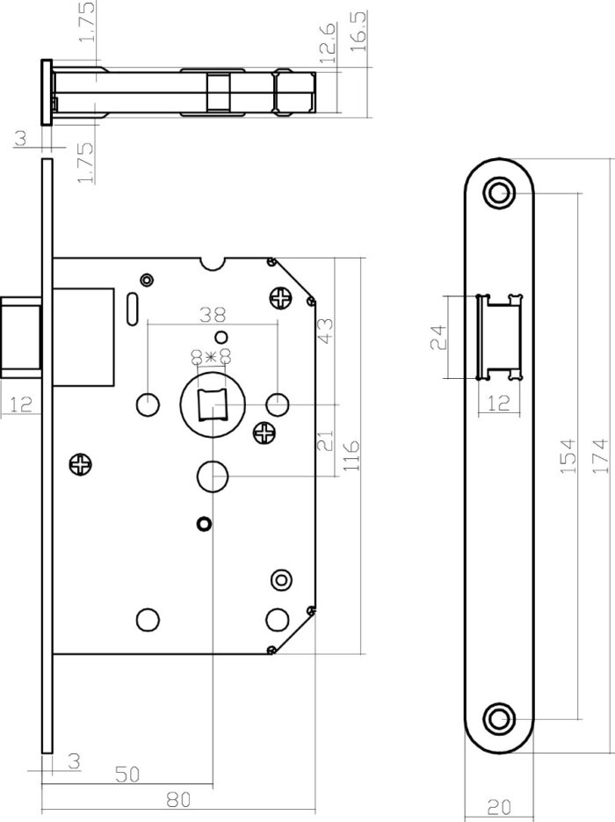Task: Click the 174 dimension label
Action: tap(601, 456)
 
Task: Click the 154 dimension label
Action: tap(569, 456)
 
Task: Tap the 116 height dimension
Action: tap(351, 455)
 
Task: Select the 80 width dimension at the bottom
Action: tap(178, 800)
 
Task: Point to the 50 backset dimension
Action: tap(127, 775)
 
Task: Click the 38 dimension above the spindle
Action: tap(213, 315)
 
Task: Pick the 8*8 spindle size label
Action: tap(212, 358)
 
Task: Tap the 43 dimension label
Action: tap(325, 331)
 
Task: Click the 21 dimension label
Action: tap(325, 440)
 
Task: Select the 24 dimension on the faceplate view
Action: tap(438, 337)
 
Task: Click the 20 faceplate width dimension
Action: tap(498, 807)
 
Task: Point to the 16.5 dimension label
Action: tap(358, 31)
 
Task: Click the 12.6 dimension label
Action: tap(326, 43)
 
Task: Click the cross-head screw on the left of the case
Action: tap(80, 464)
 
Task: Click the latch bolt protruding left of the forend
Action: tap(21, 338)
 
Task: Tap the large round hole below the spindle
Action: tap(212, 476)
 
